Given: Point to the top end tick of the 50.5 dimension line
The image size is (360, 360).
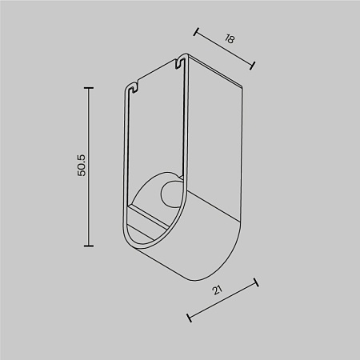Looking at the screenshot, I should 88,86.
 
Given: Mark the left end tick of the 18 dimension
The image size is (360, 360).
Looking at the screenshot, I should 196,32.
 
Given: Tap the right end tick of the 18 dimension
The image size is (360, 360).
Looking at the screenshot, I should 254,65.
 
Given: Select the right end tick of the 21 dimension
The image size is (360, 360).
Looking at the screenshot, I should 256,282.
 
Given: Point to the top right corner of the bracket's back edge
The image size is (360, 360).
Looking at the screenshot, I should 241,84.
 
